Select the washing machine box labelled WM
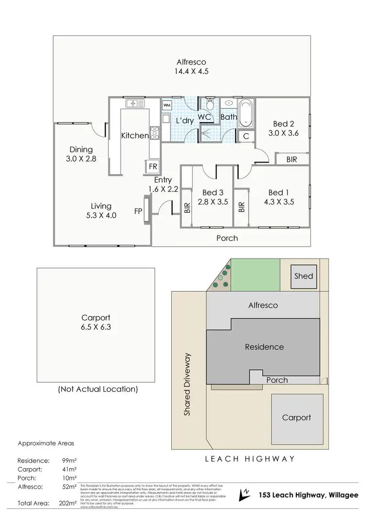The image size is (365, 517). click(167, 105)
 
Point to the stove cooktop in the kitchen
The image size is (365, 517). click(155, 132)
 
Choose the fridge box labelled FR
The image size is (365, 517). click(153, 166)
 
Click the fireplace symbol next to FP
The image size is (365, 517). click(146, 210)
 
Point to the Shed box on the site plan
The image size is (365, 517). click(304, 276)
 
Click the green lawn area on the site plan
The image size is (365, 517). click(255, 275)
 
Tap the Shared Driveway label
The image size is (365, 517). click(187, 385)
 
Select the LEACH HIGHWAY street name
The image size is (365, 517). click(250, 459)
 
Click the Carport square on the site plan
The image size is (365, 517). click(296, 417)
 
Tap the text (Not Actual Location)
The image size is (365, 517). click(97, 389)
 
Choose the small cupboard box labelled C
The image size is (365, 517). click(246, 136)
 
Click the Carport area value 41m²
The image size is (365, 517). click(70, 469)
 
